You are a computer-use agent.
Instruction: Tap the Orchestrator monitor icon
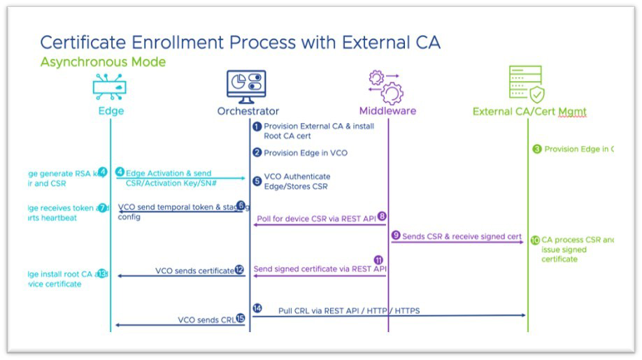pos(247,85)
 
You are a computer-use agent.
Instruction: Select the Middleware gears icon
pos(386,86)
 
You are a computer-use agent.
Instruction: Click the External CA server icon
pos(526,85)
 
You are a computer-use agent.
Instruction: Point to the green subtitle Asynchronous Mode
pos(103,62)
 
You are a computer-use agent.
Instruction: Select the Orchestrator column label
pos(248,111)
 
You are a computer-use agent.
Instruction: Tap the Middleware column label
pos(387,111)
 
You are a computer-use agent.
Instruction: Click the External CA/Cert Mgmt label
pos(529,111)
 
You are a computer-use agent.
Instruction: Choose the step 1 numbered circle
pos(257,127)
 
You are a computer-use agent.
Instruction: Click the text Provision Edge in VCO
pos(305,152)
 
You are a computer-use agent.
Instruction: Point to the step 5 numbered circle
pos(257,181)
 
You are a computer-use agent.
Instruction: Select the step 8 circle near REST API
pos(382,216)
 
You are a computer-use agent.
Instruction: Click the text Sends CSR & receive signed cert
pos(462,236)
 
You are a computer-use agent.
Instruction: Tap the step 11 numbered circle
pos(378,259)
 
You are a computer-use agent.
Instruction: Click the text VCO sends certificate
pos(194,271)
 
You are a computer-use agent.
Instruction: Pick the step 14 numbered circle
pos(257,308)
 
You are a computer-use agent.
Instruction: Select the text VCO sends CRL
pos(206,319)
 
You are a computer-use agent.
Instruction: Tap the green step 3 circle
pos(537,149)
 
